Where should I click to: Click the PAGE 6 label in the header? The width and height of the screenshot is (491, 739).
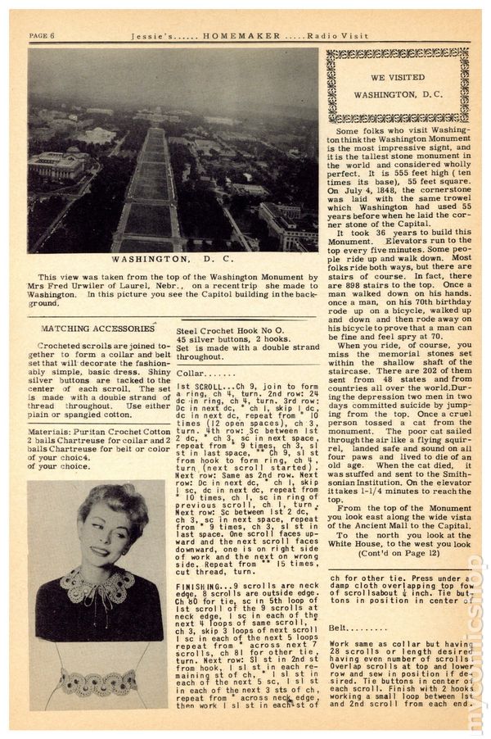tap(42, 35)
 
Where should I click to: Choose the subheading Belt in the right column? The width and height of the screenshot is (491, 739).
tap(341, 627)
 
